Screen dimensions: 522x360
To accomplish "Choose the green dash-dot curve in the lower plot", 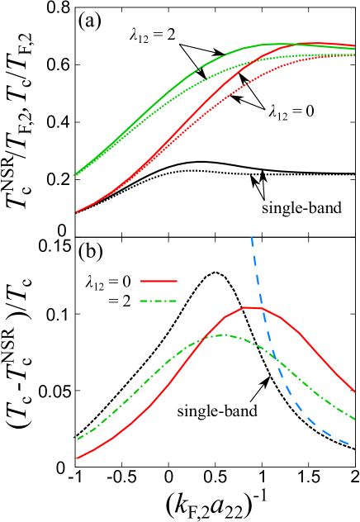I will (x=149, y=380).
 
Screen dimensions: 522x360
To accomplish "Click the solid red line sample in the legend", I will (x=159, y=282).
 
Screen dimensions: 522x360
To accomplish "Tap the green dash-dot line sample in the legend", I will (x=159, y=301).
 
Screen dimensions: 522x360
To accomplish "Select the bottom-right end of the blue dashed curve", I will (x=349, y=444).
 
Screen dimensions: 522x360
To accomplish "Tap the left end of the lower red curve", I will (x=77, y=458).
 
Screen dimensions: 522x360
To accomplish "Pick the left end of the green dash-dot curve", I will (x=78, y=439).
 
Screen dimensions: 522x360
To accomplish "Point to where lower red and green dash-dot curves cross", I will (x=201, y=339).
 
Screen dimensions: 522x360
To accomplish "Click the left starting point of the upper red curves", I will (x=77, y=212).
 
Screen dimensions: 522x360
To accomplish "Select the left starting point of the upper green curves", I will (x=74, y=175).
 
